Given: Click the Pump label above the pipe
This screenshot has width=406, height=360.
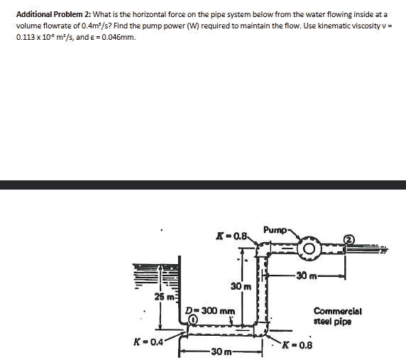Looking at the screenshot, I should [275, 230].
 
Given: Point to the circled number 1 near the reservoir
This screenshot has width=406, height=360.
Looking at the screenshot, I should [192, 320].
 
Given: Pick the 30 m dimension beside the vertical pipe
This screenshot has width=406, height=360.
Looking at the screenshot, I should [238, 286].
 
